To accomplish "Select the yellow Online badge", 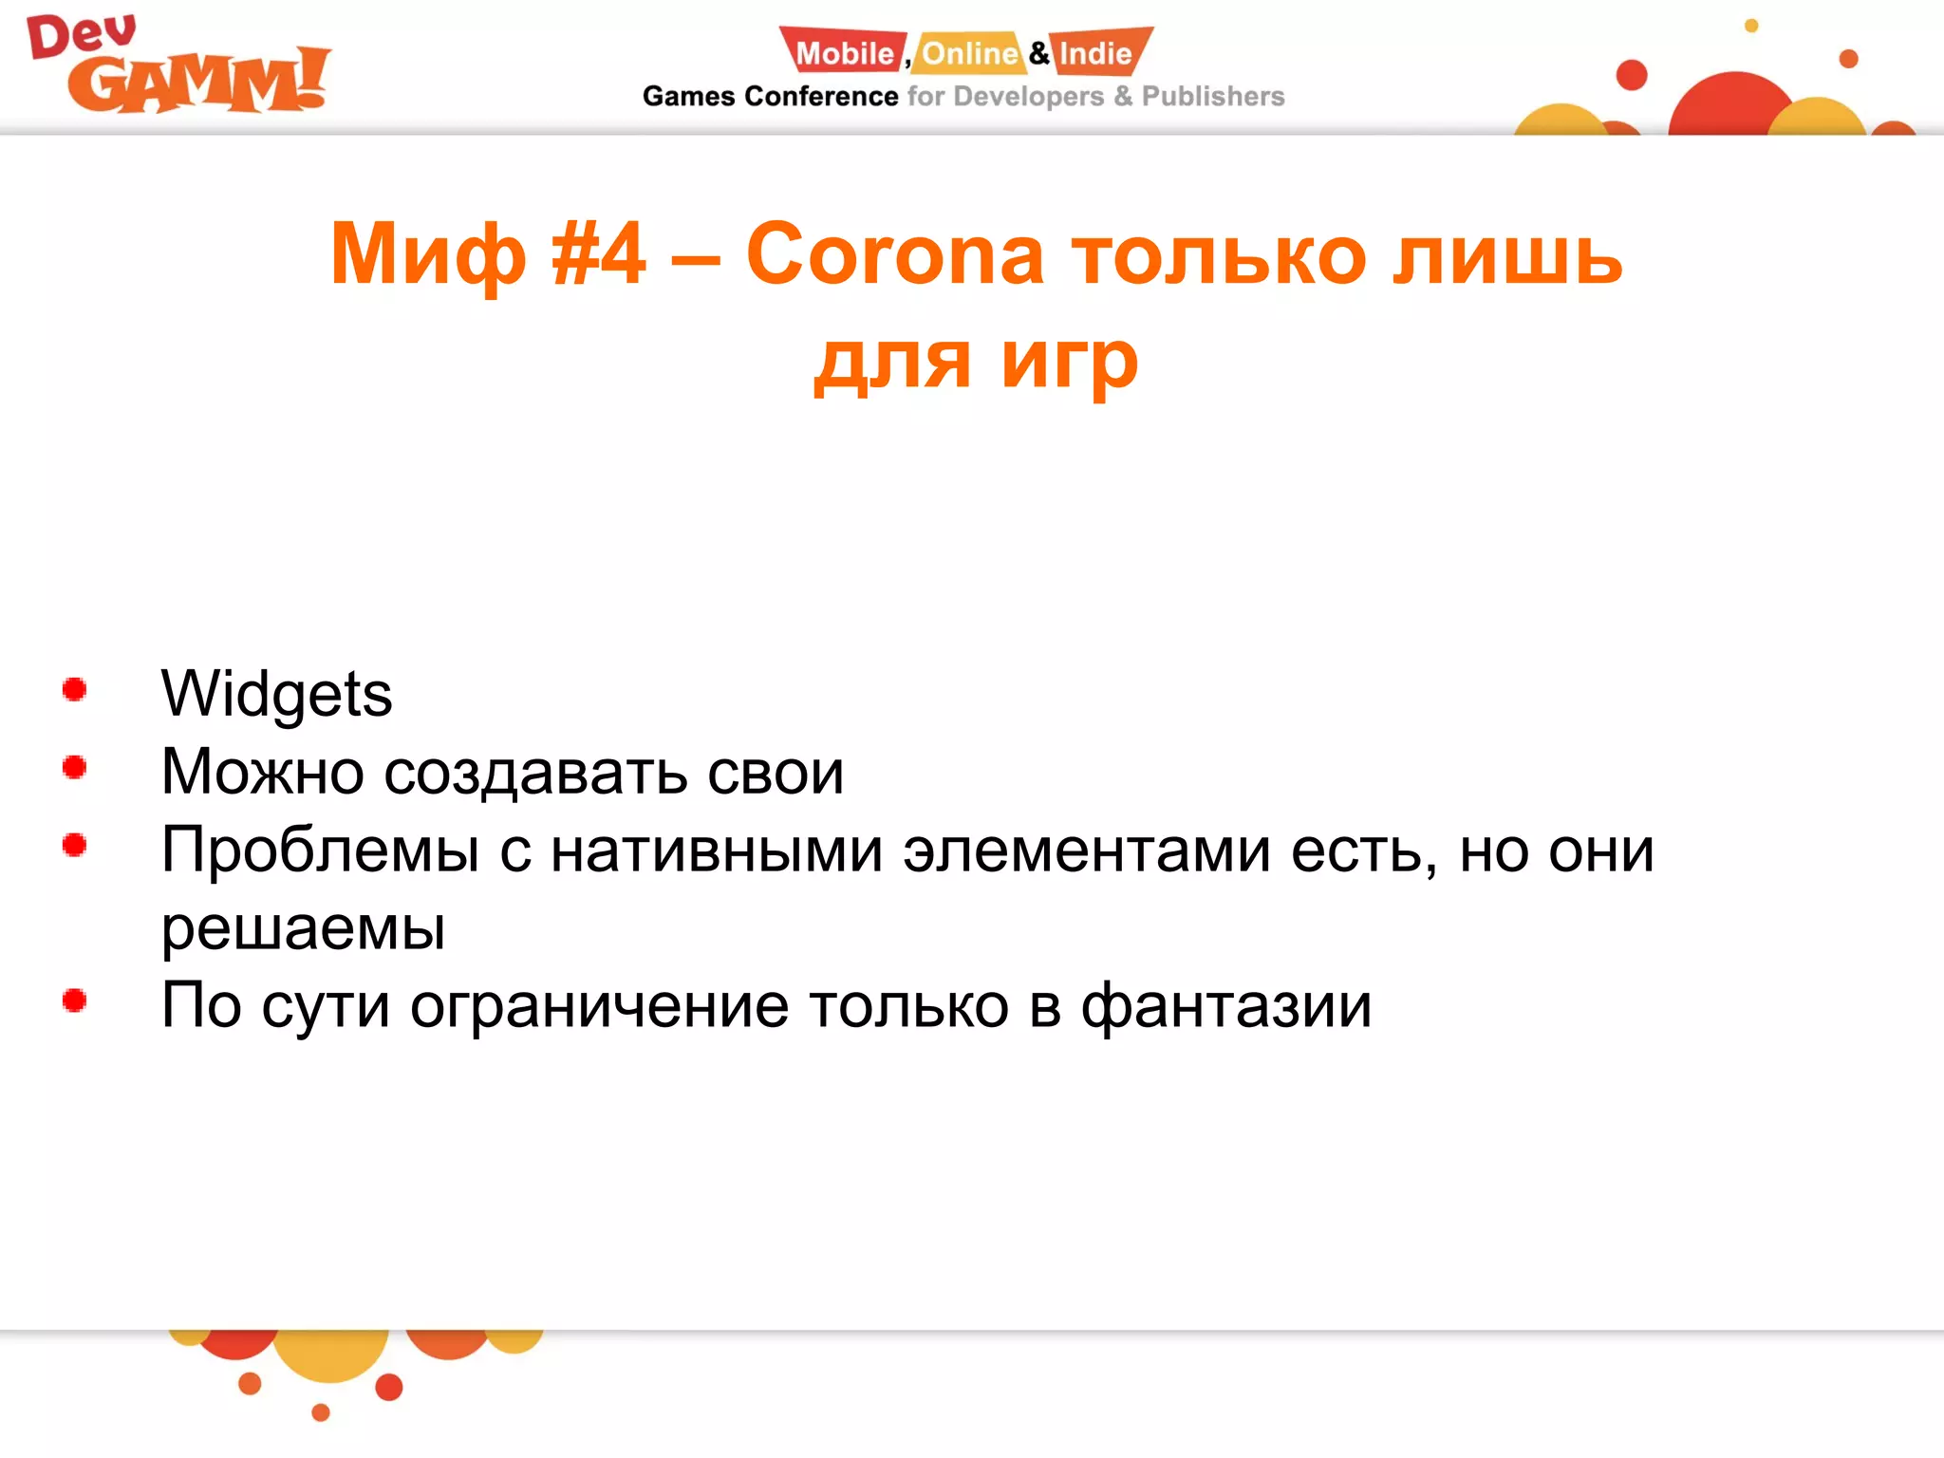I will (x=969, y=53).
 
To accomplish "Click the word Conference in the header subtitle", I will (x=821, y=97).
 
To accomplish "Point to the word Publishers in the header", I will (x=1212, y=97).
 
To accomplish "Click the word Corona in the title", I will (x=894, y=254).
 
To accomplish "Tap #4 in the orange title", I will (x=598, y=254).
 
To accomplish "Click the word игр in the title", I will (x=1069, y=363).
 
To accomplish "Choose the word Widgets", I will (x=276, y=695).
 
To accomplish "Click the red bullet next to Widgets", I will (x=75, y=690).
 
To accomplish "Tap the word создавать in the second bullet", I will (x=535, y=773).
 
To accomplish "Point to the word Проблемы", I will (x=320, y=850).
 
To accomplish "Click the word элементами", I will (x=1086, y=850).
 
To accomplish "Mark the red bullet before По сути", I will (x=75, y=1000).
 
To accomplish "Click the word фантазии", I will (x=1226, y=1006).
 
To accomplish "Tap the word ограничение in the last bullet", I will (x=599, y=1006).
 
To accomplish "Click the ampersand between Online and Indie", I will (x=1039, y=53).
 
